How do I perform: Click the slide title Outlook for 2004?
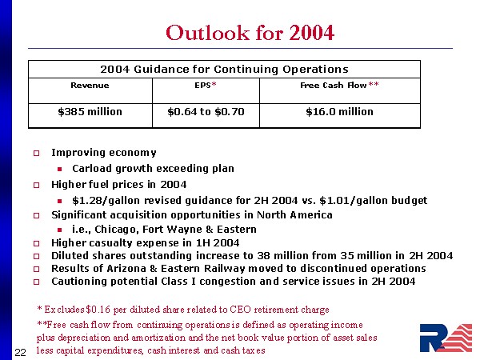coord(250,33)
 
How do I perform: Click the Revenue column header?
coord(90,85)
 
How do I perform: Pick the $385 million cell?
coord(90,112)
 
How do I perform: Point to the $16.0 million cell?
coord(339,112)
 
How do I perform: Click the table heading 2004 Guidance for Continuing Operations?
coord(224,69)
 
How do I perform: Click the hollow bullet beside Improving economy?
coord(36,153)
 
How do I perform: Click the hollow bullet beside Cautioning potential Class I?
coord(36,282)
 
